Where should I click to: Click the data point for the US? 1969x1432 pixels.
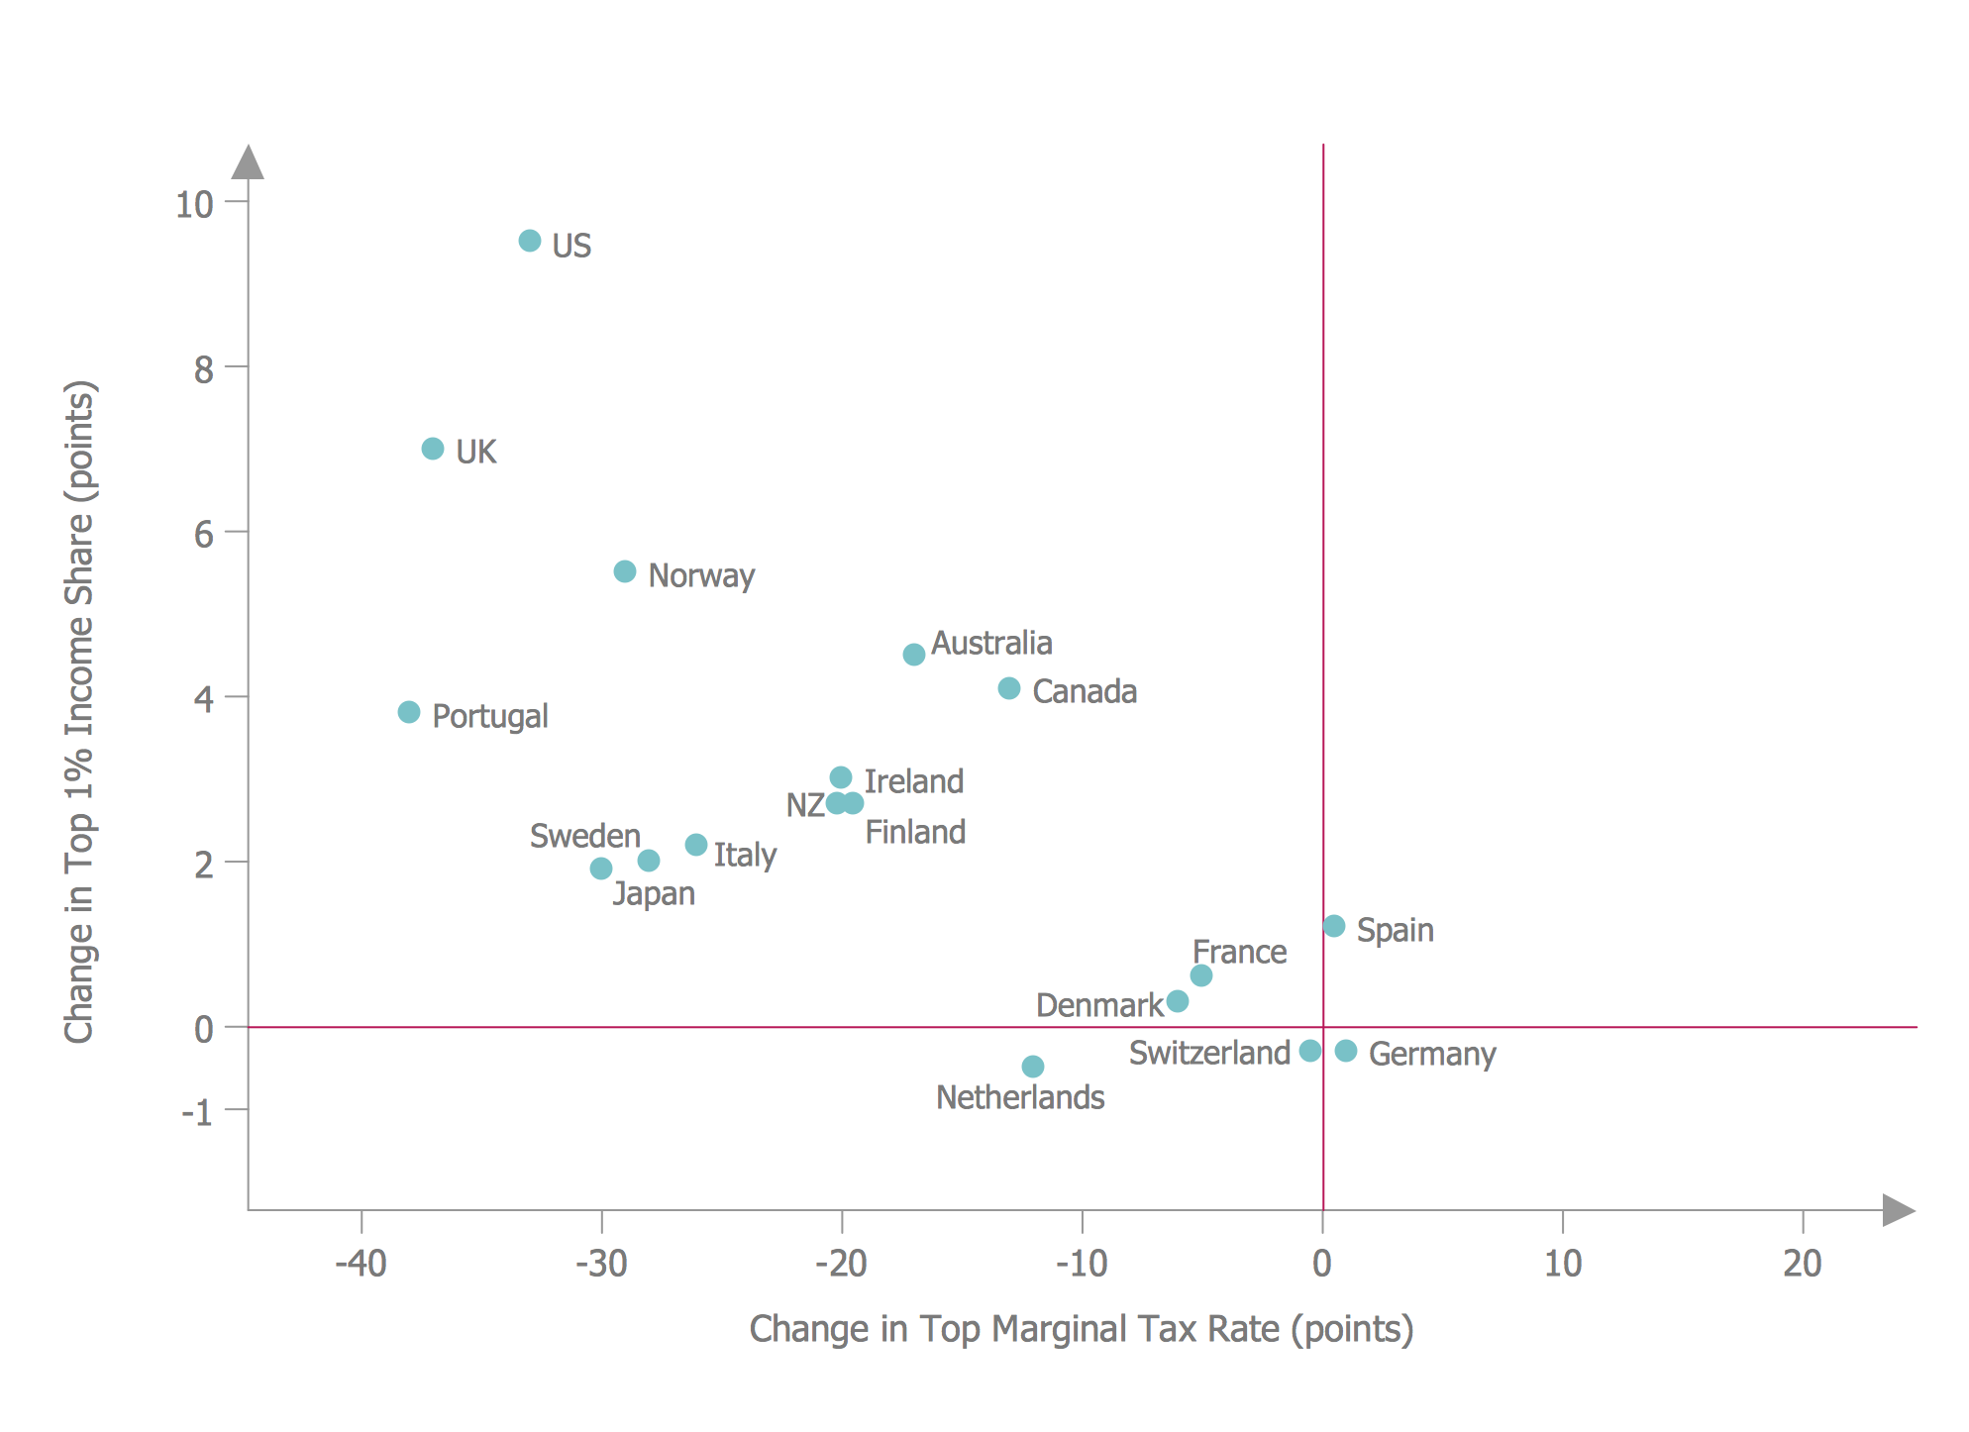pos(530,241)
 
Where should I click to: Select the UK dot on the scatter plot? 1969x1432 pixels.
pos(433,449)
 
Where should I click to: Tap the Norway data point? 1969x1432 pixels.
pos(625,571)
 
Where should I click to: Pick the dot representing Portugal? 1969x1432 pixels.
pos(409,712)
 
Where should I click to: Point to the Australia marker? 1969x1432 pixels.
pos(914,655)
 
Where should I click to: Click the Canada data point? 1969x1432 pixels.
pos(1009,688)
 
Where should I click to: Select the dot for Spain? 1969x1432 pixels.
pos(1334,926)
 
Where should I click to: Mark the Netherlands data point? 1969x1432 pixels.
pos(1033,1067)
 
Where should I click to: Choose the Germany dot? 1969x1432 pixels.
pos(1346,1051)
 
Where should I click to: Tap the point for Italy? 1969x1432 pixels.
pos(696,845)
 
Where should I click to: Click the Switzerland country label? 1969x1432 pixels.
pos(1209,1053)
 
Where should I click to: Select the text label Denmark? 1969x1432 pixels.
pos(1099,1005)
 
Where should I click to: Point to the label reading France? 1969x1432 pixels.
pos(1239,953)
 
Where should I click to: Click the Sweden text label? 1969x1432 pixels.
pos(585,836)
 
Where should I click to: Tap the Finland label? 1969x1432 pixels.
pos(915,832)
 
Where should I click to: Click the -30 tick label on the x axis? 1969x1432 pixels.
pos(601,1264)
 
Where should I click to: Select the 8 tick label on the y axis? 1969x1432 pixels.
pos(204,369)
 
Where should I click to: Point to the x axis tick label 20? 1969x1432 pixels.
pos(1803,1264)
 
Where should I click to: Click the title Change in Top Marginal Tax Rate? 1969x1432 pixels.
pos(1081,1329)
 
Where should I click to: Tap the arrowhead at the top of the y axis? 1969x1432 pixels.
pos(248,163)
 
